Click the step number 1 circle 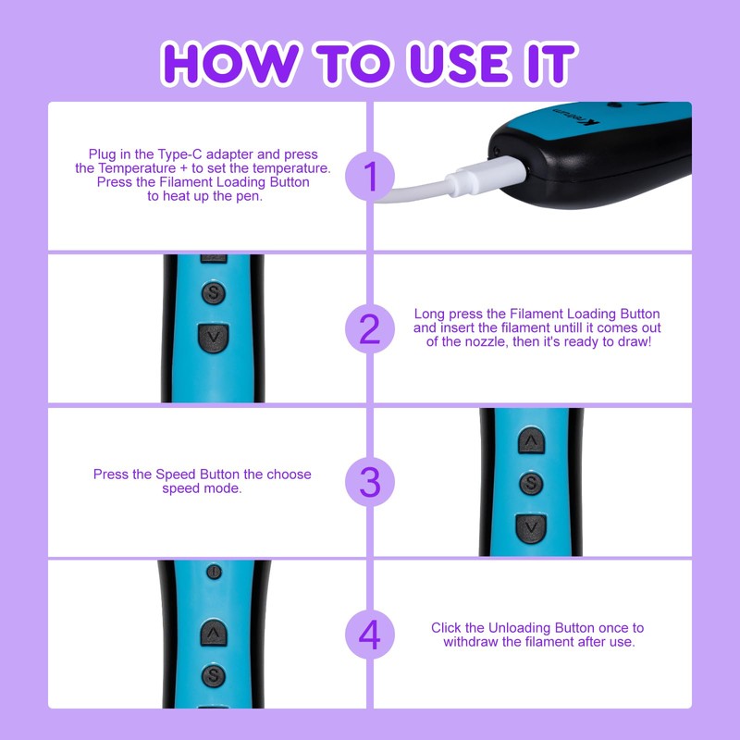point(370,176)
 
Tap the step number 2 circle point(370,328)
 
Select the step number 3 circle point(370,482)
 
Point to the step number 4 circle point(370,635)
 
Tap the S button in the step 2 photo point(214,293)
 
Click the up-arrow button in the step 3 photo point(530,441)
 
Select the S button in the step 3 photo point(530,483)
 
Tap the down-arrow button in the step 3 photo point(530,526)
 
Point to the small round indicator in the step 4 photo point(214,573)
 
